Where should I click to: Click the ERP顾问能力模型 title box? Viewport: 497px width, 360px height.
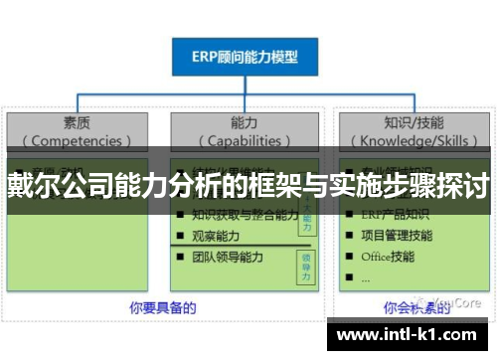[x=245, y=57]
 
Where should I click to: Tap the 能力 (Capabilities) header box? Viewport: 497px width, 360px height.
[x=244, y=130]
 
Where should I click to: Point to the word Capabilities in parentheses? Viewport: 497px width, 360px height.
[x=244, y=140]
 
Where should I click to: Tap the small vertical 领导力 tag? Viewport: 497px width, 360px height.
[x=306, y=262]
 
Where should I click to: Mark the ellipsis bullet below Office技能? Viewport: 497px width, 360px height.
[x=367, y=277]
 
